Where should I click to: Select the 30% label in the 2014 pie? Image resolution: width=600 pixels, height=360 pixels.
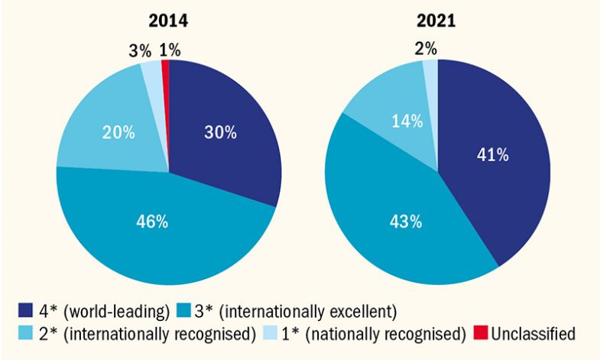[x=220, y=131]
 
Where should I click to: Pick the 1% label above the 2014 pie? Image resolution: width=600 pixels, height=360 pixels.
[x=170, y=51]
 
